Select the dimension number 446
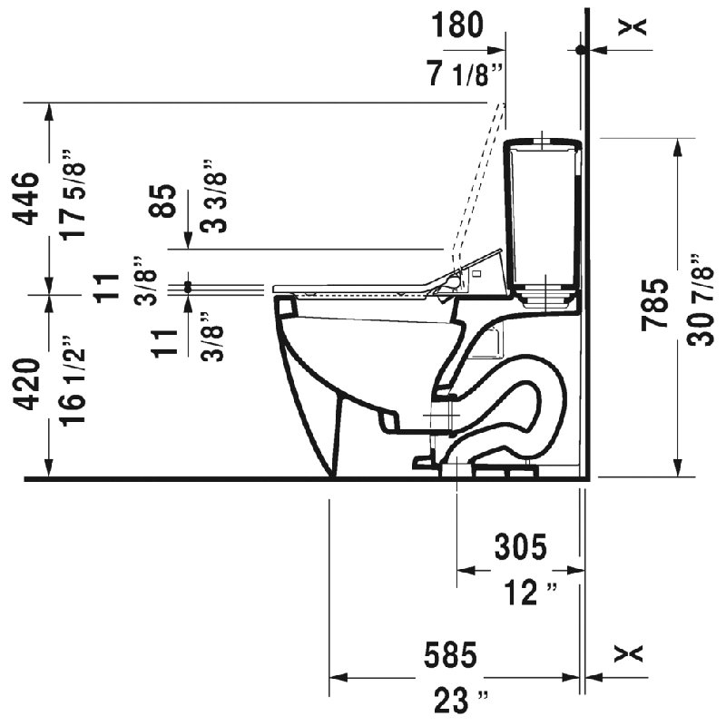(26, 199)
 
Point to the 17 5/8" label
(74, 194)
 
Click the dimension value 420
(26, 385)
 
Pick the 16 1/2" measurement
(74, 380)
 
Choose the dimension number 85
(163, 201)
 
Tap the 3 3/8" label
(213, 196)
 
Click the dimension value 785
(654, 306)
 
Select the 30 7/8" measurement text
(699, 300)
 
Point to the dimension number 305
(521, 547)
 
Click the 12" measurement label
(530, 593)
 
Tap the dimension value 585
(450, 655)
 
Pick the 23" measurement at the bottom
(461, 701)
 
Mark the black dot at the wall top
(579, 50)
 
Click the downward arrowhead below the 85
(188, 240)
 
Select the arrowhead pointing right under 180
(496, 50)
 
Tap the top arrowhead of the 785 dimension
(677, 147)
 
